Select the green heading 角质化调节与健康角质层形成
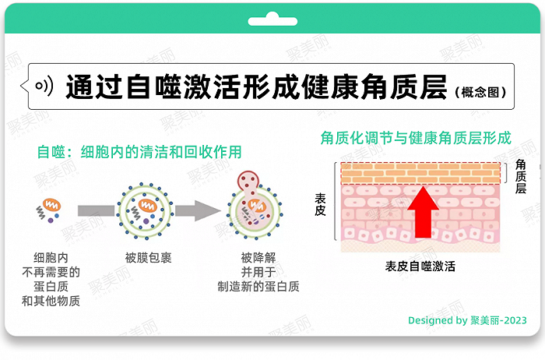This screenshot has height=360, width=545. coord(416,139)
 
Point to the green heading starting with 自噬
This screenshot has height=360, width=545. coord(139,151)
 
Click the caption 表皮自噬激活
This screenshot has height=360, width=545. coord(420,266)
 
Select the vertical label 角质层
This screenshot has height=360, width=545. coord(521,177)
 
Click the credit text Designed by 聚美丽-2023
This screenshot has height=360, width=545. coord(467,320)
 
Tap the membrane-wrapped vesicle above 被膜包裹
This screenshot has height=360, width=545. coord(145,209)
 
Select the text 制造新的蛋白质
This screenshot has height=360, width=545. coord(258,286)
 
